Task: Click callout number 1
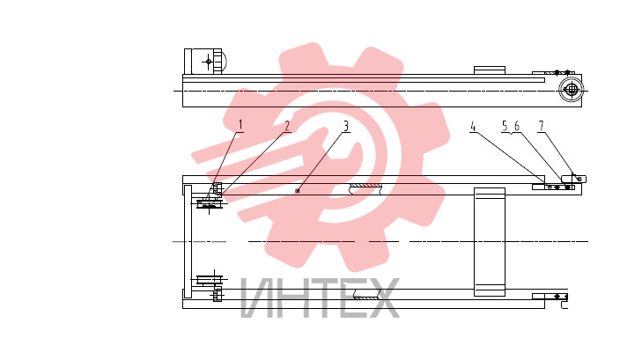(x=240, y=124)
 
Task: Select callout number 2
(x=287, y=126)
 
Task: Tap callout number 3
(x=346, y=126)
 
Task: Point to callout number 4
(x=473, y=127)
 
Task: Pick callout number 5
(x=505, y=126)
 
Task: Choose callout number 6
(x=517, y=126)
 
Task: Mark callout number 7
(x=542, y=126)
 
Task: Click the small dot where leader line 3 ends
(x=298, y=191)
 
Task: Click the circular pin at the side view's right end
(x=571, y=89)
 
